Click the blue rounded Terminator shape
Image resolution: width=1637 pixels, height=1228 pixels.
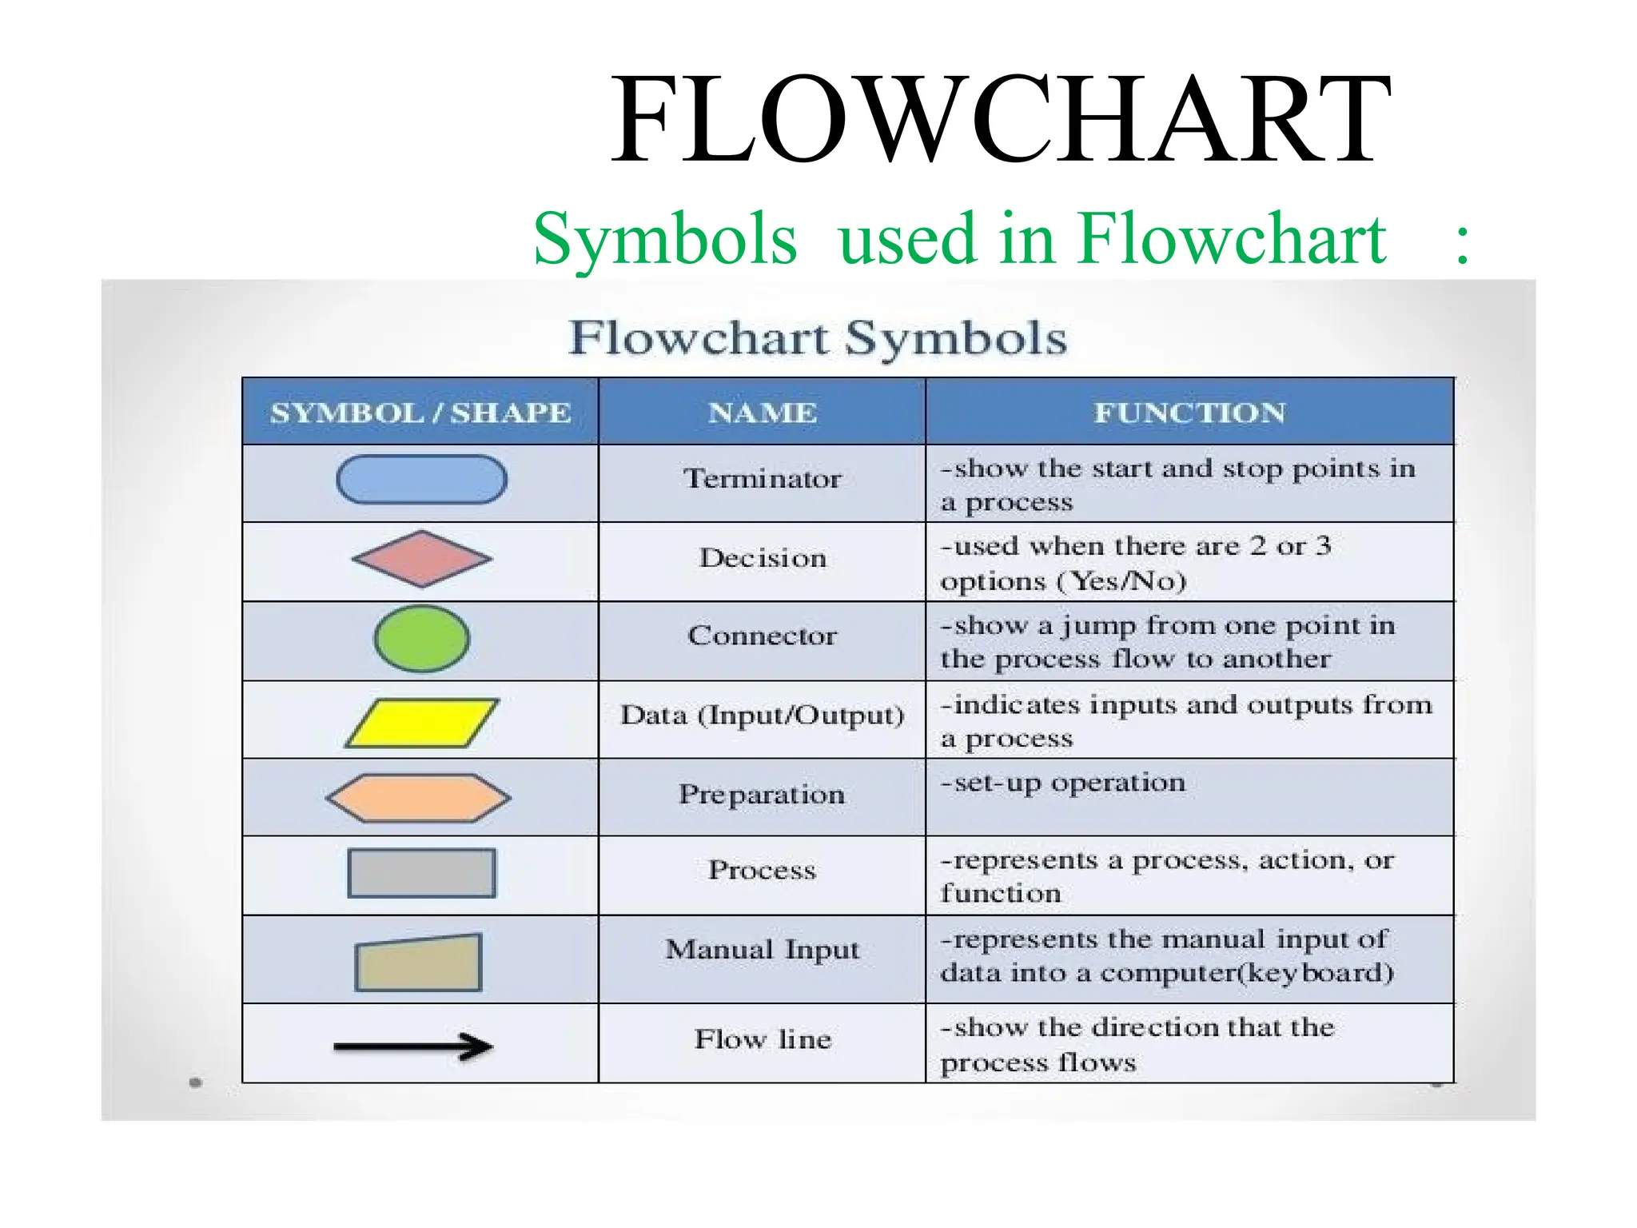[x=421, y=480]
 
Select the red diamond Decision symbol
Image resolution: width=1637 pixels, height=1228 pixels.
[x=421, y=559]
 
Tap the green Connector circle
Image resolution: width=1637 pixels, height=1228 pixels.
[x=421, y=638]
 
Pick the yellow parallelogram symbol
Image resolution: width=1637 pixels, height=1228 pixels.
[x=421, y=724]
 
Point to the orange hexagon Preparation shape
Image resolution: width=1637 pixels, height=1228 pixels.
[x=418, y=798]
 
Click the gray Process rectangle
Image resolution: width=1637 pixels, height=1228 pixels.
[x=421, y=873]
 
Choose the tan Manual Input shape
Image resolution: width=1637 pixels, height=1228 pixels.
[x=418, y=963]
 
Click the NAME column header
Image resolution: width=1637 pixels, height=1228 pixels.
[x=762, y=413]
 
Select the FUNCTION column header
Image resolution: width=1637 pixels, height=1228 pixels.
[x=1189, y=413]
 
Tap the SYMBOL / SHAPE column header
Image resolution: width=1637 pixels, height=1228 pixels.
[x=420, y=413]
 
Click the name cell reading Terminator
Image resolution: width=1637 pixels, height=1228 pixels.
[x=762, y=479]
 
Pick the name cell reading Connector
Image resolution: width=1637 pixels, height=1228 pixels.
[x=762, y=636]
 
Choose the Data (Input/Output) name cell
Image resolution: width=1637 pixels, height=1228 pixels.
[x=762, y=715]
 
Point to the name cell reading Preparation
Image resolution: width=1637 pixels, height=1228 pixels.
[x=762, y=794]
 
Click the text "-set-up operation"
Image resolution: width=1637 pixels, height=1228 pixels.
[x=1062, y=783]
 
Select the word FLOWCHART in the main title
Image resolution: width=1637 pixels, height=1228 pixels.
[x=1001, y=120]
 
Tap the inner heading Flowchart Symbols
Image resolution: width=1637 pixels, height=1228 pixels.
[x=818, y=337]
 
